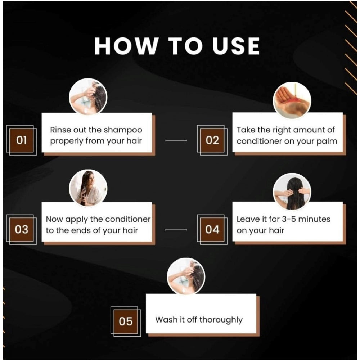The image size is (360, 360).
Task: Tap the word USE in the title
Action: click(236, 46)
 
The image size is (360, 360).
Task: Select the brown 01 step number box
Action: click(21, 140)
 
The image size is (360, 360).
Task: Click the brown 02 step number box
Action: click(212, 140)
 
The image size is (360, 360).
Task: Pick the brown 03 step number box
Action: click(21, 229)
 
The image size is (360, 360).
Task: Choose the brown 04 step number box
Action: click(212, 229)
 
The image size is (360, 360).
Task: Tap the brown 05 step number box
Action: click(126, 321)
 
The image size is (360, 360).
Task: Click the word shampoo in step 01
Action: click(123, 130)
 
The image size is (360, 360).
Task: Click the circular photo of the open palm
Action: click(292, 100)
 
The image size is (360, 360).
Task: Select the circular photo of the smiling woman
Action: click(88, 188)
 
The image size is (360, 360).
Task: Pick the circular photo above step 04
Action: click(292, 192)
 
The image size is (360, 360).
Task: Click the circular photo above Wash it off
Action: click(186, 276)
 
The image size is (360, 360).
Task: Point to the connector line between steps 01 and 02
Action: click(176, 140)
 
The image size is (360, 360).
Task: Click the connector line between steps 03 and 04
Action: click(176, 230)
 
